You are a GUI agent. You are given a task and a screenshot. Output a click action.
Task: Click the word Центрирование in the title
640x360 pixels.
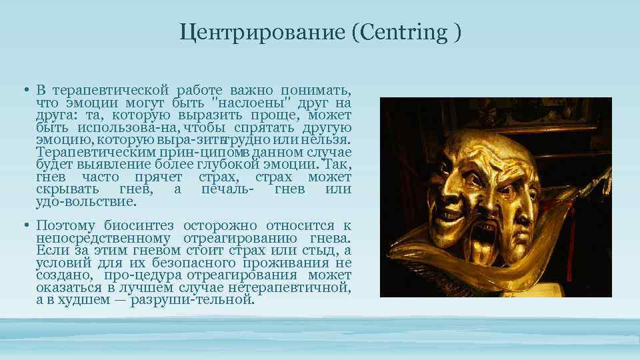[x=262, y=32]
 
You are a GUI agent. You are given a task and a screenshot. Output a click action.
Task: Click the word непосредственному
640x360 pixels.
[x=103, y=238]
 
